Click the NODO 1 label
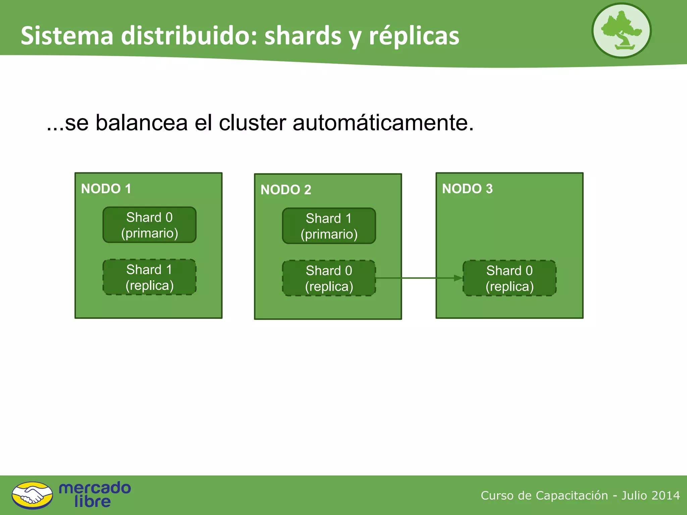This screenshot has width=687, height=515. pos(106,189)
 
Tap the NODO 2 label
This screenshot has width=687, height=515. pos(286,190)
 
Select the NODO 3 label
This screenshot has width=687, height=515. pos(467,189)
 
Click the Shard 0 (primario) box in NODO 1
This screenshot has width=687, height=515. pos(150,225)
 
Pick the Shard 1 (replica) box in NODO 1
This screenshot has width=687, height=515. pos(150,277)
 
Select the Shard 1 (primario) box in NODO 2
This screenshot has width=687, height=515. pos(329,226)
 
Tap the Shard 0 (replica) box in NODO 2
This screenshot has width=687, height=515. pos(329,278)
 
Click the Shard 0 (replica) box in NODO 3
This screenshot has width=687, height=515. pos(510,278)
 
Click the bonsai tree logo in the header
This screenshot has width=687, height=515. pos(621,31)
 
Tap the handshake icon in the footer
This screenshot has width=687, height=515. pos(32,495)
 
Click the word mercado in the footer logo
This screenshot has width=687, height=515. pos(95,488)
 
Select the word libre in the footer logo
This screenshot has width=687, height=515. pos(93,502)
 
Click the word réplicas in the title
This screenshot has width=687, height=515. pos(414,36)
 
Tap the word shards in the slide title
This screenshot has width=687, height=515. pos(303,36)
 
